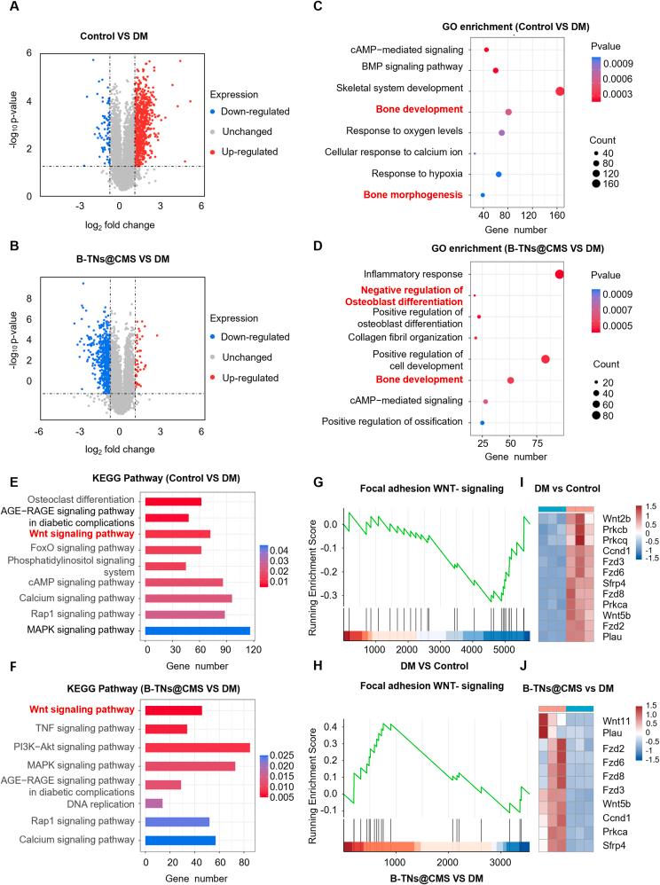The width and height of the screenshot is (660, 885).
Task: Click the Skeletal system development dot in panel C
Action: (560, 91)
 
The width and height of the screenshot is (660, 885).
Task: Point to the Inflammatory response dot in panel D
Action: (559, 274)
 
